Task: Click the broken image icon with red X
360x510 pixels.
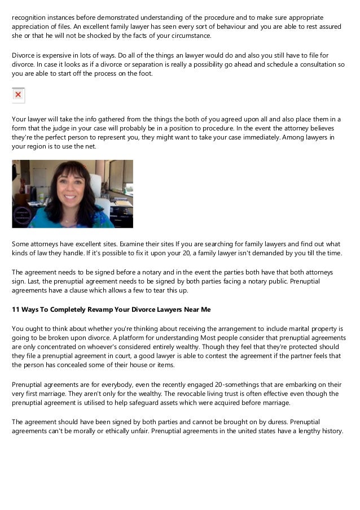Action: point(18,95)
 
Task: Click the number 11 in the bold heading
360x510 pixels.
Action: point(16,309)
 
